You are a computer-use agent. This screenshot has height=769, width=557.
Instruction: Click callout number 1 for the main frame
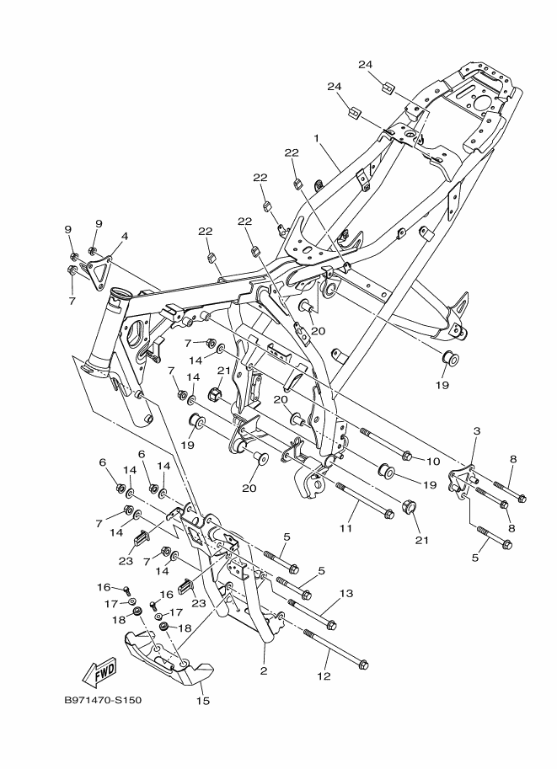(x=316, y=137)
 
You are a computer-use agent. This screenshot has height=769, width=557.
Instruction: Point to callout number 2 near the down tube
(x=264, y=671)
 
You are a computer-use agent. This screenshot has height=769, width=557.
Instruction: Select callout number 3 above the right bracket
(x=476, y=431)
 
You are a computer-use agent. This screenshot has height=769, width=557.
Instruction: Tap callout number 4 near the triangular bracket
(x=124, y=237)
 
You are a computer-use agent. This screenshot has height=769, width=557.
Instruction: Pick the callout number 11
(x=345, y=529)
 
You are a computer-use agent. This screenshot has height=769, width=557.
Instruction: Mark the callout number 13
(x=345, y=594)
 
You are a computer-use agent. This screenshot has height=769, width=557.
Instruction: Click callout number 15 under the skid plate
(x=202, y=700)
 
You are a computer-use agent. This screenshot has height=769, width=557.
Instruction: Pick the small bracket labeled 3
(x=462, y=483)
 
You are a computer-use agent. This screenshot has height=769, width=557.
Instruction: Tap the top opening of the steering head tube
(x=117, y=295)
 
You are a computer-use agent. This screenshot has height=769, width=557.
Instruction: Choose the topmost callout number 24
(x=364, y=65)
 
